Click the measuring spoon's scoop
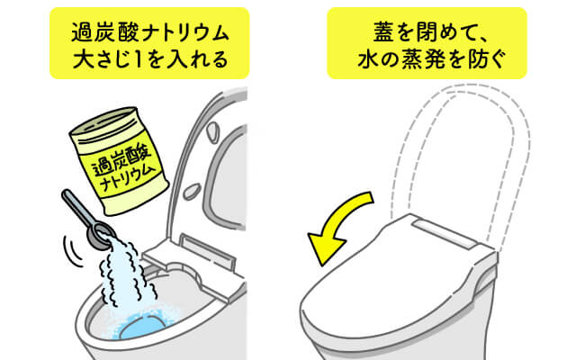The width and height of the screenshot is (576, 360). pos(101,233)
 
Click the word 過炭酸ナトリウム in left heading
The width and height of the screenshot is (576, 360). pos(148,32)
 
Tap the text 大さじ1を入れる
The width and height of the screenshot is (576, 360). pos(148,63)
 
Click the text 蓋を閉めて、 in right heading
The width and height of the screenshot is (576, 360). pos(427,32)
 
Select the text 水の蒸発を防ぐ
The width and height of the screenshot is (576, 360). pos(427,63)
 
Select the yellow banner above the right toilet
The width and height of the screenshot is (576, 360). pos(427,47)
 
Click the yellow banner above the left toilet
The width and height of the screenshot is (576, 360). pos(148,47)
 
